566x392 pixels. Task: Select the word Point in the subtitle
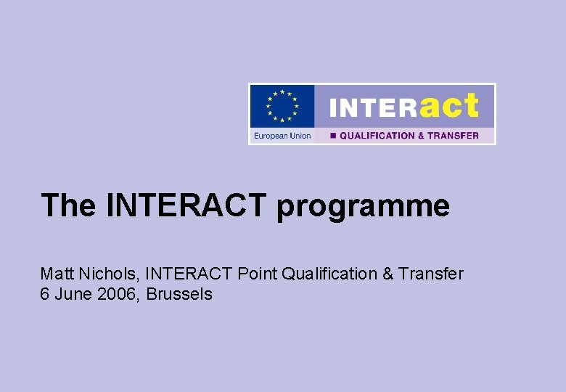[257, 274]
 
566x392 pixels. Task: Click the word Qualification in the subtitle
[329, 274]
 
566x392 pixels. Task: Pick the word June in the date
[71, 294]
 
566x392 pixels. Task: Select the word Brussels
[179, 294]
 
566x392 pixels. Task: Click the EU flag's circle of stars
[282, 106]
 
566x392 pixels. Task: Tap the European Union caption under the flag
[282, 136]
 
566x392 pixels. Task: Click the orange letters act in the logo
[449, 107]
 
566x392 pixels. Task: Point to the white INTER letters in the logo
[373, 109]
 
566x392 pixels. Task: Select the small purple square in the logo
[333, 136]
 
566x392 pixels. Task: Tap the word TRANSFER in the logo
[454, 136]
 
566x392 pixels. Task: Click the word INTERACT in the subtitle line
[189, 274]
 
